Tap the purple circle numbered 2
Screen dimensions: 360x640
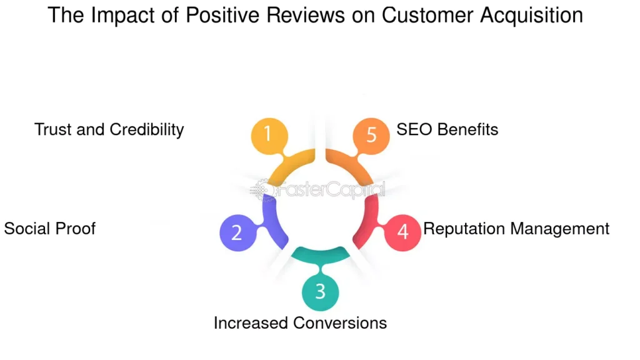pyautogui.click(x=237, y=232)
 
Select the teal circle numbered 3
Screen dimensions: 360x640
pyautogui.click(x=320, y=292)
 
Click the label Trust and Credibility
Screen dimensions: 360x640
pyautogui.click(x=109, y=129)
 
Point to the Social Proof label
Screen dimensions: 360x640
pyautogui.click(x=50, y=228)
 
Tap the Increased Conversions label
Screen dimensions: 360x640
pyautogui.click(x=300, y=322)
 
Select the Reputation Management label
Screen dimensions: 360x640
pyautogui.click(x=516, y=228)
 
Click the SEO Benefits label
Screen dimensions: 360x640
pyautogui.click(x=447, y=129)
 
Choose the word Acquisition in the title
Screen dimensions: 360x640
pyautogui.click(x=532, y=15)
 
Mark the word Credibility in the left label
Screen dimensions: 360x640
pyautogui.click(x=147, y=129)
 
